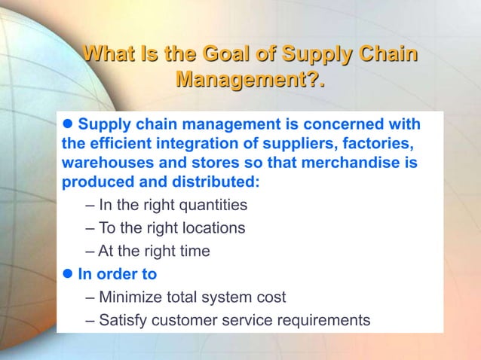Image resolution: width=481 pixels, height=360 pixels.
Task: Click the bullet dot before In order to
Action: point(67,274)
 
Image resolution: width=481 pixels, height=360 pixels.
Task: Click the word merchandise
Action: point(349,163)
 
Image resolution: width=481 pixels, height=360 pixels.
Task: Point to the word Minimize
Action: point(132,297)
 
